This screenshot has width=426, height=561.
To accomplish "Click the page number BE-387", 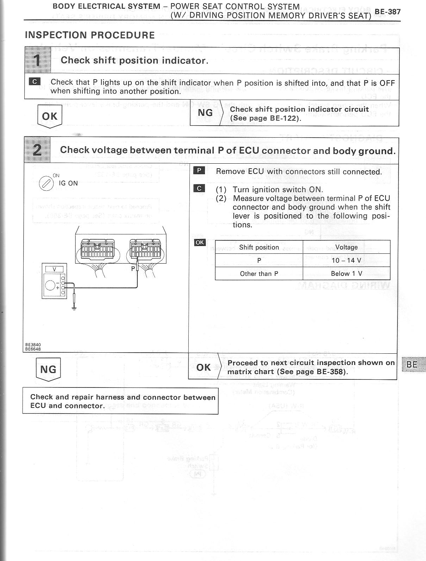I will pyautogui.click(x=388, y=11).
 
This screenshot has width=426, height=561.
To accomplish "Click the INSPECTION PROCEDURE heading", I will pyautogui.click(x=90, y=35).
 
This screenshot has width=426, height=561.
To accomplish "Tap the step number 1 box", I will pyautogui.click(x=38, y=61).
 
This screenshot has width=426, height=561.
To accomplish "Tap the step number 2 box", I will pyautogui.click(x=37, y=150).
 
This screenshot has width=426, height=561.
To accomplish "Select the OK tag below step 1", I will pyautogui.click(x=50, y=116).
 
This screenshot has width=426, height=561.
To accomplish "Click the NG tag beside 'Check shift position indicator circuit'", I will pyautogui.click(x=206, y=113).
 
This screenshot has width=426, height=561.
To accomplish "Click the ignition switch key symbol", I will pyautogui.click(x=46, y=183).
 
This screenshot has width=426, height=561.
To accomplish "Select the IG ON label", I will pyautogui.click(x=68, y=183).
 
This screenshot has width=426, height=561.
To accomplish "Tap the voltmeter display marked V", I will pyautogui.click(x=54, y=269).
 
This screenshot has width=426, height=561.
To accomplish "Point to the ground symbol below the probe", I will pyautogui.click(x=74, y=309).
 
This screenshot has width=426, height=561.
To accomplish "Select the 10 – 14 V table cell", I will pyautogui.click(x=346, y=260).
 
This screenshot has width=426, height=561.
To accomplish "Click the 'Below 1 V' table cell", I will pyautogui.click(x=346, y=273).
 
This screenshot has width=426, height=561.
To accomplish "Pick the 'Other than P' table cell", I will pyautogui.click(x=259, y=273).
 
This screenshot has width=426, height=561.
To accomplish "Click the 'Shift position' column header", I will pyautogui.click(x=259, y=247).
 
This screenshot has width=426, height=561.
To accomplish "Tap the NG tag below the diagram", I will pyautogui.click(x=48, y=369).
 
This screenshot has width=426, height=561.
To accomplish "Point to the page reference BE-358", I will pyautogui.click(x=332, y=372).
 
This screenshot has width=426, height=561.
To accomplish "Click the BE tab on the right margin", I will pyautogui.click(x=412, y=364).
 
